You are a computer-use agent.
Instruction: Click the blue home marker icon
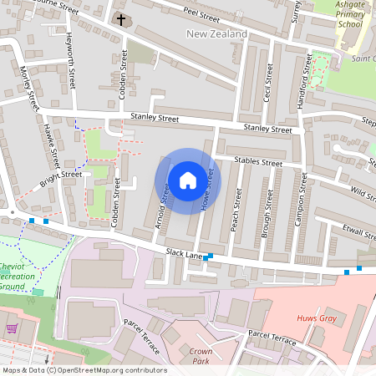pos(188,180)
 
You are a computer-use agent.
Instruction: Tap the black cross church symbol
pos(121,18)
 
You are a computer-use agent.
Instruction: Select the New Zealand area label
pos(216,33)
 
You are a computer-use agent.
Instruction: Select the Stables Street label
pos(260,161)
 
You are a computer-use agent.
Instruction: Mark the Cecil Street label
pos(268,81)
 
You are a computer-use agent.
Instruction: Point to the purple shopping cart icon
pos(11,328)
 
